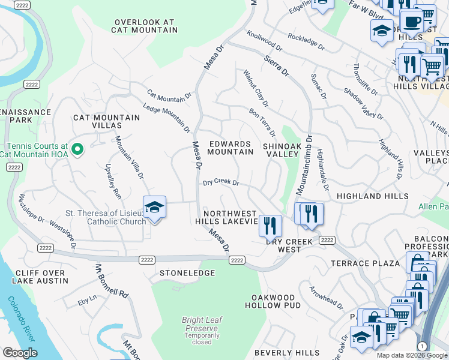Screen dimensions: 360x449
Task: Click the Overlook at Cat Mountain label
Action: pos(144,26)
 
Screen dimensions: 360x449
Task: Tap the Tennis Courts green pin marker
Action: pos(76,149)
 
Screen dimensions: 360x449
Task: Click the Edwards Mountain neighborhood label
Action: pos(230,148)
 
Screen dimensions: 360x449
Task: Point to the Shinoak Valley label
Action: pos(281,150)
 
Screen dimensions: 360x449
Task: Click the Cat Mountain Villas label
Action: pos(97,121)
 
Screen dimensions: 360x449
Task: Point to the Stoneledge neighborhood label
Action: pos(187,273)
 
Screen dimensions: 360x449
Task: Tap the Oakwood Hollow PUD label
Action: pos(273,301)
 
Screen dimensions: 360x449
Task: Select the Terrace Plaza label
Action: pos(365,263)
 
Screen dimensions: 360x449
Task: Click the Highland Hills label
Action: pos(372,196)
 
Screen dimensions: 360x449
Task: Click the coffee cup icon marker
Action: pos(411,22)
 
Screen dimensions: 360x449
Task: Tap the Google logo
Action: pos(20,353)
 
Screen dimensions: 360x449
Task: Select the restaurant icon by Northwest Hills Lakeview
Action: pos(270,226)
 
